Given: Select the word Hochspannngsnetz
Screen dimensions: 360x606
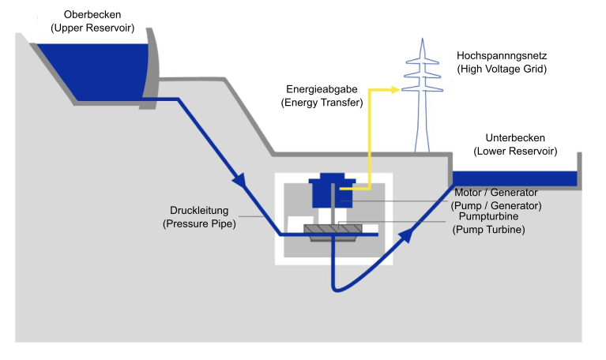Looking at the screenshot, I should [502, 56].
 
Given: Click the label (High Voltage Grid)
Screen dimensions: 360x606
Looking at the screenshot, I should [502, 69].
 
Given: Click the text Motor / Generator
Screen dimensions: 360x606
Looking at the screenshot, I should [496, 193].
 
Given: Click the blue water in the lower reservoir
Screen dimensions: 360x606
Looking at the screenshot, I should [514, 178].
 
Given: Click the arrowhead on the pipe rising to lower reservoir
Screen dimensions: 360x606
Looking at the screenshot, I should [408, 231].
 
